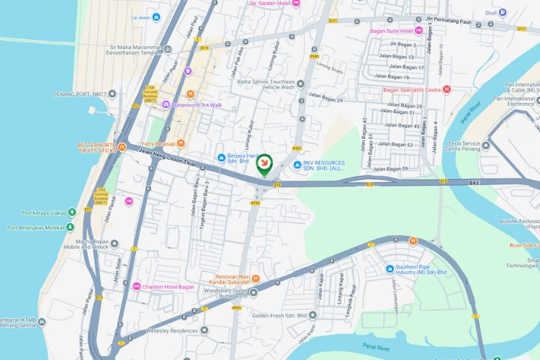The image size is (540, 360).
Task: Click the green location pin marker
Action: tap(265, 165)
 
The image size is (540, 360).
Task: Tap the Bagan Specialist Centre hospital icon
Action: tap(447, 89)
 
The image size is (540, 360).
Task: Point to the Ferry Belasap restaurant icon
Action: tap(181, 143)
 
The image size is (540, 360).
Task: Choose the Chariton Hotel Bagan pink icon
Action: tap(138, 287)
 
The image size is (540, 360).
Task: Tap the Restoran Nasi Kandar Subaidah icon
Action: tap(256, 279)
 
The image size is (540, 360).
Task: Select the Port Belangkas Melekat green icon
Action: tap(71, 228)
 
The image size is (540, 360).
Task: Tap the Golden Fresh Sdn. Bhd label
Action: tap(279, 315)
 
